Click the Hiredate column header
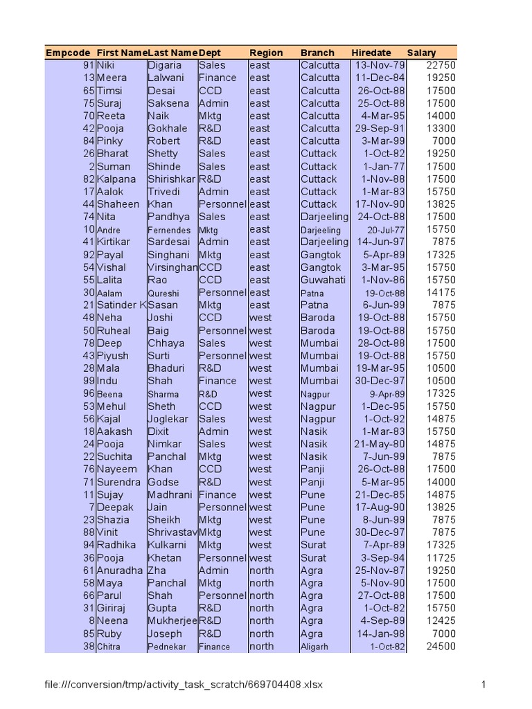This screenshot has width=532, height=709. point(371,53)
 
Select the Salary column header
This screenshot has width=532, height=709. point(422,53)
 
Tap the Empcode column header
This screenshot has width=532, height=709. point(68,53)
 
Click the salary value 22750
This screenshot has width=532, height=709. point(442,65)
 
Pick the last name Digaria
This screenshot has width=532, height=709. point(165,65)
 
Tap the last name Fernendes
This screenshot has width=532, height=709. point(169,229)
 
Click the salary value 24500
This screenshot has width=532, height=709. point(442,647)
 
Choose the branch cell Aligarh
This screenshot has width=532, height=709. point(314,647)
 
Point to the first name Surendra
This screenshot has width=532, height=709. point(118,482)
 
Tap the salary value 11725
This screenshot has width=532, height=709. point(442,557)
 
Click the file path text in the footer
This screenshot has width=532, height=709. point(184,685)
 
